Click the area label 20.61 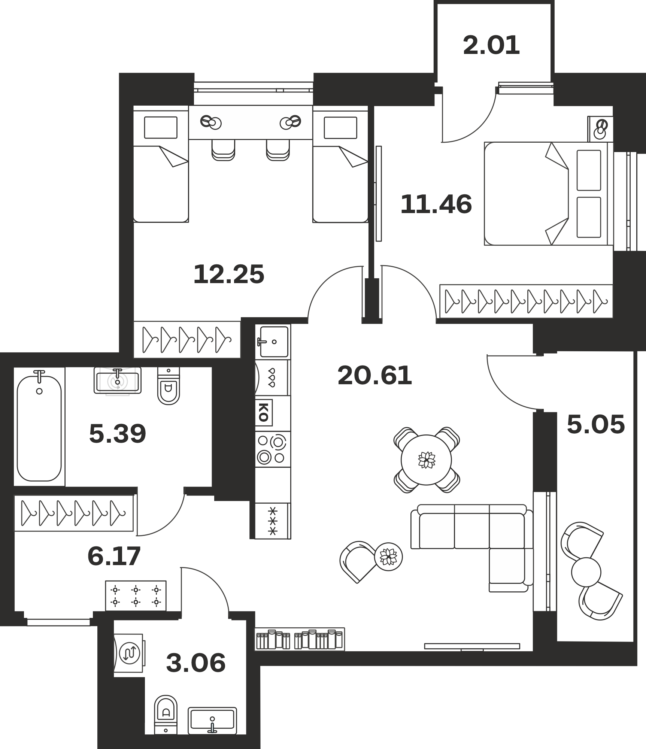pos(374,376)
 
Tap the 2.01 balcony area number pos(491,45)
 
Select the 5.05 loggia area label pos(596,424)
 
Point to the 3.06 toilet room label pos(196,662)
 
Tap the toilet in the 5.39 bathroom pos(169,386)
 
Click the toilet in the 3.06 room pos(166,715)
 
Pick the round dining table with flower pos(426,460)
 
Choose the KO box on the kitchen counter pos(264,412)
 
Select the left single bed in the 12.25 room pos(161,164)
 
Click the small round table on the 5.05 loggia pos(586,572)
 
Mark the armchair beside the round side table pos(358,561)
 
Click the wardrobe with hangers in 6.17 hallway pos(74,513)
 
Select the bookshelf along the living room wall pos(300,639)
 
